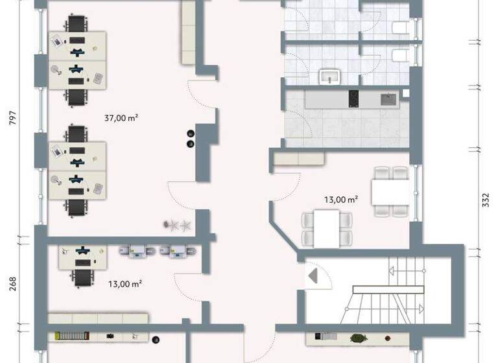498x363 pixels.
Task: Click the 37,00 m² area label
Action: (x=121, y=118)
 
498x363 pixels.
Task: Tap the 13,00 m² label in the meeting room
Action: (x=340, y=200)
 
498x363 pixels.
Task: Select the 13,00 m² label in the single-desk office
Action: (x=124, y=283)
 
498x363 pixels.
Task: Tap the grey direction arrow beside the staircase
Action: (x=313, y=277)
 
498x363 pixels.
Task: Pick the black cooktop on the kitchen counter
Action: (x=354, y=99)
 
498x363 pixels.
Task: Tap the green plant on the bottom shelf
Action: (x=357, y=337)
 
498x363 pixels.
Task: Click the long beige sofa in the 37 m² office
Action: (x=189, y=32)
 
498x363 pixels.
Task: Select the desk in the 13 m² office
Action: (x=84, y=257)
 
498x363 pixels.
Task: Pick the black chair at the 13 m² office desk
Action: (x=82, y=277)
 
